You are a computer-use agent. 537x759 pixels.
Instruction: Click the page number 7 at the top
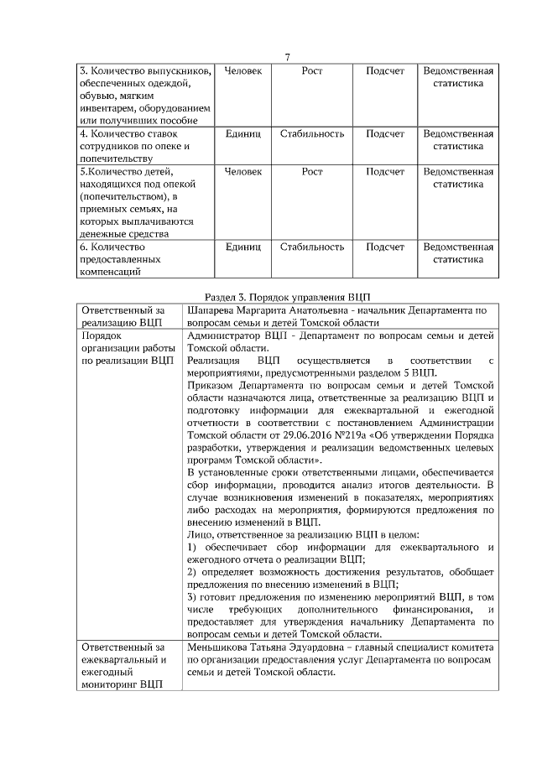click(x=287, y=57)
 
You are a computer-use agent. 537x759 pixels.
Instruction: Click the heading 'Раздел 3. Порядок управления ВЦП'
click(x=287, y=297)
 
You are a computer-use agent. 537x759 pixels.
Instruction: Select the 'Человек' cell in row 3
click(x=243, y=71)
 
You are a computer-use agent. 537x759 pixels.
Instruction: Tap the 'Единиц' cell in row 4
click(x=243, y=133)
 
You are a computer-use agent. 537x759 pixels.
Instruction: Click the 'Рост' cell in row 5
click(x=312, y=171)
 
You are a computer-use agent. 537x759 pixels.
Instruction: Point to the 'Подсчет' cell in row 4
click(x=385, y=133)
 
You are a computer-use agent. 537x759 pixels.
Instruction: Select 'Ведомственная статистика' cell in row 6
click(x=457, y=253)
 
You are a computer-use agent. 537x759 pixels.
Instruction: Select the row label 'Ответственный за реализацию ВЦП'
click(x=124, y=316)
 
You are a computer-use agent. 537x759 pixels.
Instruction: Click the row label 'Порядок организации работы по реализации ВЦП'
click(x=128, y=347)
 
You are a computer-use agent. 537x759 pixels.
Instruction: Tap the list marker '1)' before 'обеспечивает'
click(x=192, y=547)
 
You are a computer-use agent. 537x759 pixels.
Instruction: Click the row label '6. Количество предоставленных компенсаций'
click(x=124, y=259)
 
